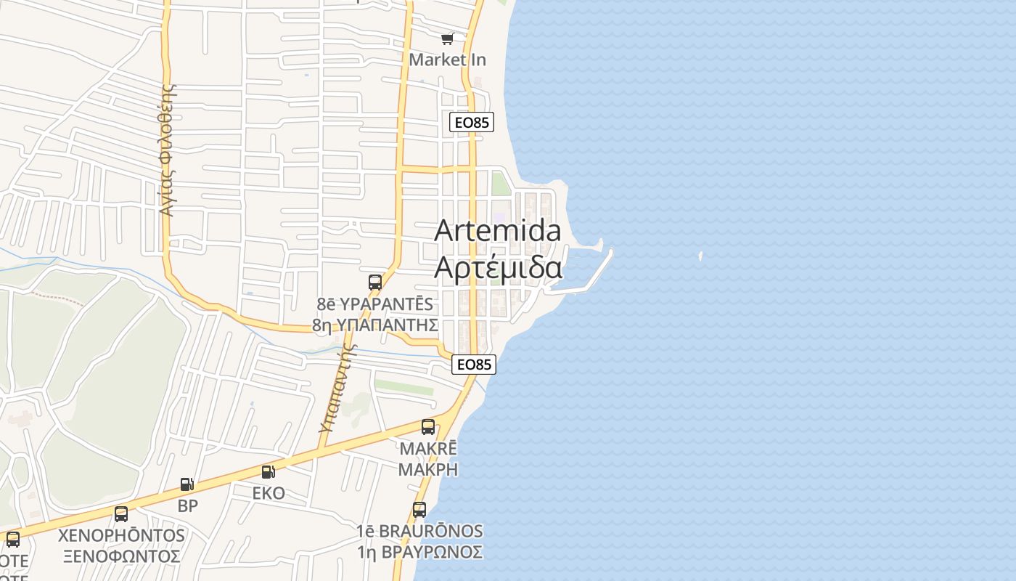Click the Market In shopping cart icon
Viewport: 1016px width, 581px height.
click(448, 38)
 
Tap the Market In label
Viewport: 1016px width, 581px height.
click(448, 60)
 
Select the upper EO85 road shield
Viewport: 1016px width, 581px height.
click(472, 122)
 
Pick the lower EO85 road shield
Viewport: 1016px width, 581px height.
click(474, 365)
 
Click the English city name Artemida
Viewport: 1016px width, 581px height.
click(498, 231)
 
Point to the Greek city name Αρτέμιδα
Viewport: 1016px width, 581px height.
click(498, 267)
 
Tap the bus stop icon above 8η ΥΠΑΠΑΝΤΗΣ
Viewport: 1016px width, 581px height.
click(375, 283)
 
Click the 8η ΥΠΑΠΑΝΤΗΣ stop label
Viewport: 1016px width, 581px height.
click(375, 325)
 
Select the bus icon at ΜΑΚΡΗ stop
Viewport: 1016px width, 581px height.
click(428, 426)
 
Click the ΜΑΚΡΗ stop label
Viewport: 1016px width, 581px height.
click(428, 468)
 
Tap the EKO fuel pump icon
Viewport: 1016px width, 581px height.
click(268, 472)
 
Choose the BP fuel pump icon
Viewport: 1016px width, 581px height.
click(187, 484)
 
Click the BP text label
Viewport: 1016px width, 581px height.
click(187, 506)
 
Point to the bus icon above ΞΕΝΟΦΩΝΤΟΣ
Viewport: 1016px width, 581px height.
click(121, 514)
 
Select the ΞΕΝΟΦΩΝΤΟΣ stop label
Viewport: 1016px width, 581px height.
click(121, 556)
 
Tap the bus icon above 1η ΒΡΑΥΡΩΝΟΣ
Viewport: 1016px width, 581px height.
click(419, 510)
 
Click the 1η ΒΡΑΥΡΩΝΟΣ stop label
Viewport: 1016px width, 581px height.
click(419, 552)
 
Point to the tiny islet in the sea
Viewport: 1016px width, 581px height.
click(700, 256)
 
